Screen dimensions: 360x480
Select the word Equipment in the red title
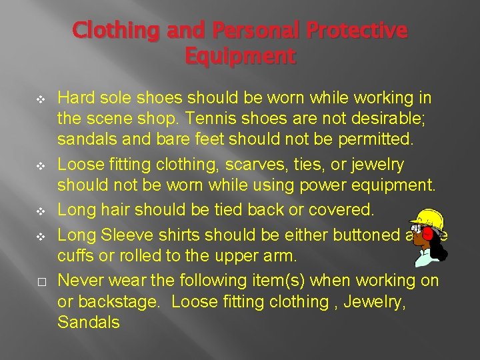point(239,57)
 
